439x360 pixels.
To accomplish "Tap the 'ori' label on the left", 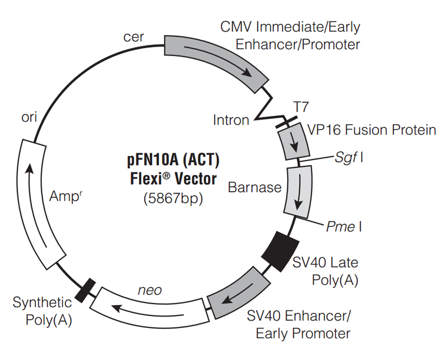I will (x=29, y=117).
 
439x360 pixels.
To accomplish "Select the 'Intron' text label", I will (x=231, y=120).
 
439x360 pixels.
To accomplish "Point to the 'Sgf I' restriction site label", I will (x=349, y=157).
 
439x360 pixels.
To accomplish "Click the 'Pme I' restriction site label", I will (x=344, y=227).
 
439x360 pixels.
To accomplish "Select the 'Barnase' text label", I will (x=254, y=187).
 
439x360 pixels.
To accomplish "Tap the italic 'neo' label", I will (x=150, y=290).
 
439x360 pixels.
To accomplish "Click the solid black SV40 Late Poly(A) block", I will (x=280, y=250).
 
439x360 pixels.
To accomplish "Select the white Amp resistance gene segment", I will (x=38, y=204).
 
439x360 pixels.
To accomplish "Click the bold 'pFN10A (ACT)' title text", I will (x=173, y=160).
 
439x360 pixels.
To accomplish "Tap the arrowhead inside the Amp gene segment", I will (x=31, y=169).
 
